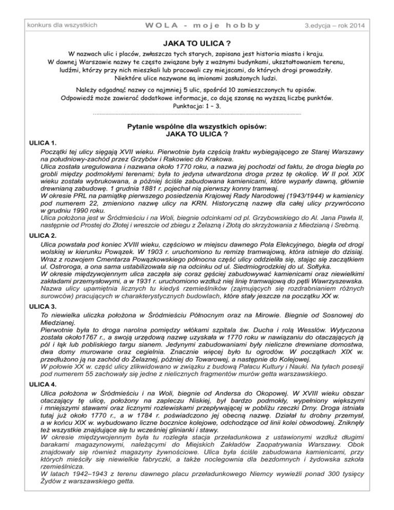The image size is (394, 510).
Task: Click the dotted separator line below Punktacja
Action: tap(197, 114)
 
